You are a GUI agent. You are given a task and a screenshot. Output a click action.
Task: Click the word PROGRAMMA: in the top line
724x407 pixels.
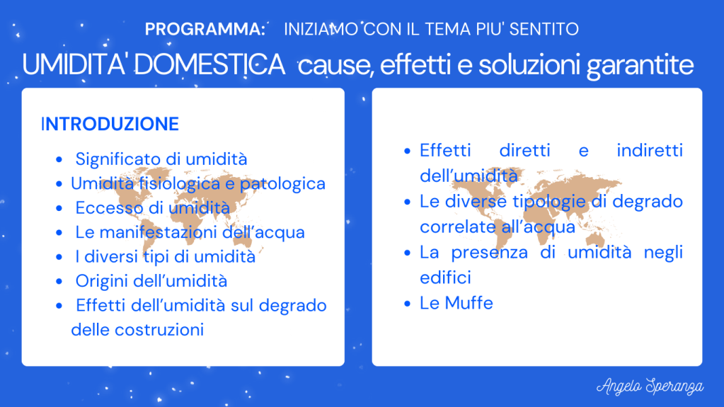(x=205, y=29)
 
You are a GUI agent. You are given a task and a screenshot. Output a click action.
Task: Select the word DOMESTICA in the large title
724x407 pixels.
(x=209, y=64)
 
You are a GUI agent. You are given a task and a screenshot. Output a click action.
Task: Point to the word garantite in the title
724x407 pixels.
(x=640, y=66)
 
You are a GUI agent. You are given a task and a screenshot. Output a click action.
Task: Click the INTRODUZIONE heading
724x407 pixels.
(x=110, y=125)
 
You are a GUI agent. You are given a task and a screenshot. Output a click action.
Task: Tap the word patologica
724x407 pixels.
(x=282, y=184)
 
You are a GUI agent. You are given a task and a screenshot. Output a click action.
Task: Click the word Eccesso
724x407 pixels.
(x=109, y=208)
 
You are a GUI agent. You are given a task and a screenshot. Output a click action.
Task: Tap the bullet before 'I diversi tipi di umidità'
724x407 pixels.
(x=59, y=257)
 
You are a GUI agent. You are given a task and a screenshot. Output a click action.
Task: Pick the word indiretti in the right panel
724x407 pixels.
(x=650, y=151)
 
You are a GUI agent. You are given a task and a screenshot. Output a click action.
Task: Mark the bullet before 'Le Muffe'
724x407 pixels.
(x=407, y=304)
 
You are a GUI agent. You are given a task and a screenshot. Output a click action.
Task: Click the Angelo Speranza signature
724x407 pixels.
(x=650, y=386)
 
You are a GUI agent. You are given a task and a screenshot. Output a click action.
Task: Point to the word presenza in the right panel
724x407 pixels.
(x=489, y=253)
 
